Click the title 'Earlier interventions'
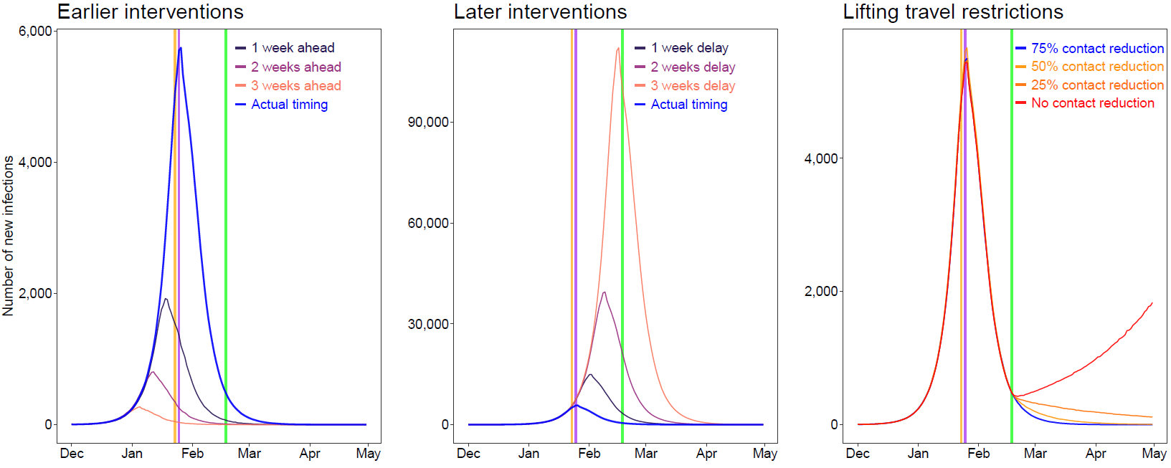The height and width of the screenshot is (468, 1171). pos(150,12)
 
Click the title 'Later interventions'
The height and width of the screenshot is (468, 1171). pos(540,12)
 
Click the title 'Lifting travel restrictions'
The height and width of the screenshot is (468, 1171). pos(952,12)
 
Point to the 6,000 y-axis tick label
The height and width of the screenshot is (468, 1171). pos(35,31)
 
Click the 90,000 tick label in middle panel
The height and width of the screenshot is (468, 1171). pos(427,122)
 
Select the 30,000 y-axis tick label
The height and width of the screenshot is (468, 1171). pos(427,324)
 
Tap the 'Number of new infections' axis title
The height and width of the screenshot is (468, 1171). pos(9,236)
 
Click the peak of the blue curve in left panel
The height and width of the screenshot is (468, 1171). pos(181,49)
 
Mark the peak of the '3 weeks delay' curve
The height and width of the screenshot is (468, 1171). pos(618,49)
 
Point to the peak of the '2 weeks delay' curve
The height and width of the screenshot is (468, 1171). pos(605,292)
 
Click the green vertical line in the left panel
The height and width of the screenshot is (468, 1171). pos(226,237)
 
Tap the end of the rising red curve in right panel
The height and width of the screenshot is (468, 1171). pos(1152,303)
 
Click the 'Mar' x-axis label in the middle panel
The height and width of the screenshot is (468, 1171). pos(645,454)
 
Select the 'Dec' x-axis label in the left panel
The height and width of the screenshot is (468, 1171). pos(72,454)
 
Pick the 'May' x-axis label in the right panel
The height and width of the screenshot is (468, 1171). pos(1154,454)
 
